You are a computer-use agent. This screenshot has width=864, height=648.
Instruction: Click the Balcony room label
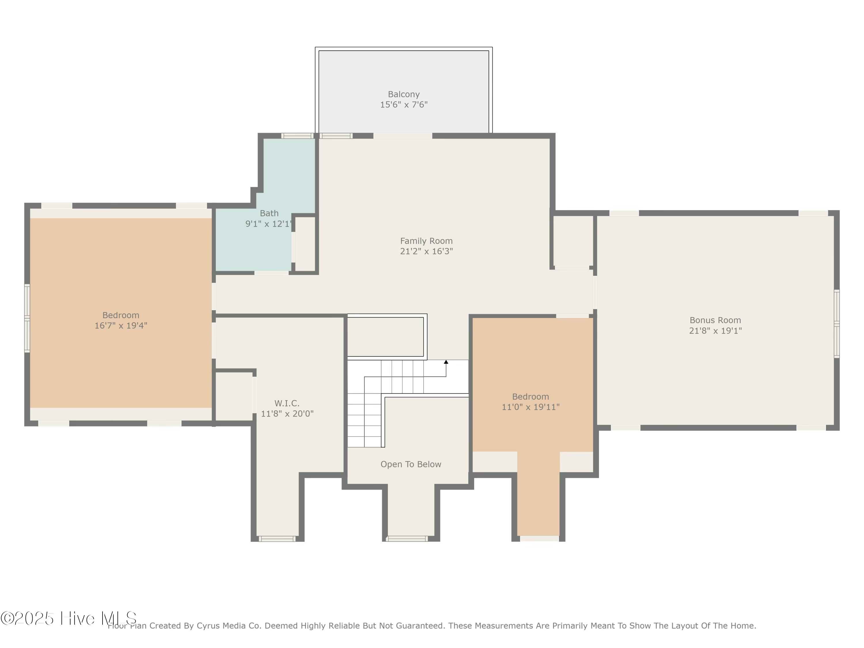403,94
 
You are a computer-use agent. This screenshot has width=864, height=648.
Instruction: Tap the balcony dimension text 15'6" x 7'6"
403,105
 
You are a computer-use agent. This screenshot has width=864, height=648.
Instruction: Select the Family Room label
426,241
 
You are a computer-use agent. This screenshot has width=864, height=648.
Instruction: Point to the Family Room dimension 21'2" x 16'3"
426,251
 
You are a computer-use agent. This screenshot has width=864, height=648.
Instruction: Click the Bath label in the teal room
269,213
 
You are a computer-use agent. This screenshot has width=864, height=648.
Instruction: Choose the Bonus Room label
715,320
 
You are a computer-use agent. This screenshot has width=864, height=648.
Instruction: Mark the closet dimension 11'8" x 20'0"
287,414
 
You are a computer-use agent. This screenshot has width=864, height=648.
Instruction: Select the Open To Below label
411,465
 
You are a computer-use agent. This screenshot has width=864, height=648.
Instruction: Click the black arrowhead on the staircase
446,362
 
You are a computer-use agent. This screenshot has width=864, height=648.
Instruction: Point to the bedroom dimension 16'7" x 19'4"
121,326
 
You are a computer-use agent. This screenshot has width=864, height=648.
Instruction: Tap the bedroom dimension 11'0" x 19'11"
530,407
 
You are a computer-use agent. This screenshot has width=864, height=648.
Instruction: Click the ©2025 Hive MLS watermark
68,618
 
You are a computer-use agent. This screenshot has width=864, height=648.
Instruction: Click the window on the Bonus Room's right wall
837,324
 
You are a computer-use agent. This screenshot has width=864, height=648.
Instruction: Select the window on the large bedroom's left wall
27,318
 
